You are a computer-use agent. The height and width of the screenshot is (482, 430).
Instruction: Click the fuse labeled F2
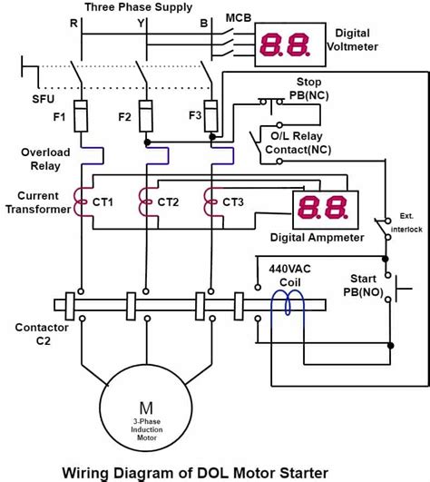(x=146, y=116)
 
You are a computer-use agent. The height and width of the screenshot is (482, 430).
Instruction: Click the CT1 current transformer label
(x=103, y=202)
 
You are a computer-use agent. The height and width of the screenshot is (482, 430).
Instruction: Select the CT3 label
(x=234, y=202)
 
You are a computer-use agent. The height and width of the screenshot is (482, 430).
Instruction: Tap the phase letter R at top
(x=74, y=19)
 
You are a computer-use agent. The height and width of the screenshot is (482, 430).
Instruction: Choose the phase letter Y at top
(x=141, y=19)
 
